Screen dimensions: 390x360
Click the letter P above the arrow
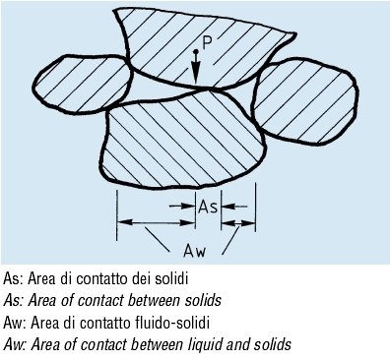coord(207,42)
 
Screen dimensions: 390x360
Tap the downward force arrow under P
coord(196,72)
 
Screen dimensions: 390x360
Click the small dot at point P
coord(196,51)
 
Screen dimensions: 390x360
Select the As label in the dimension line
coord(208,207)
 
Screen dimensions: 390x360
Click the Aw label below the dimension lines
coord(195,251)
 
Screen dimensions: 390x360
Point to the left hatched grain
coord(82,85)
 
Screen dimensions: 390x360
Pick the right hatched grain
coord(303,101)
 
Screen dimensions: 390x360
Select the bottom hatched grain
coord(184,140)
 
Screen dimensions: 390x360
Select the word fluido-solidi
coord(172,323)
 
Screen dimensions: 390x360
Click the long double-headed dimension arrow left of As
coord(157,222)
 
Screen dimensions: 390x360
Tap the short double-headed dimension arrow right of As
coord(238,223)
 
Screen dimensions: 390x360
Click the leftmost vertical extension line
coord(117,215)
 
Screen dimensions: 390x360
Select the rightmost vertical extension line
coord(255,208)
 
